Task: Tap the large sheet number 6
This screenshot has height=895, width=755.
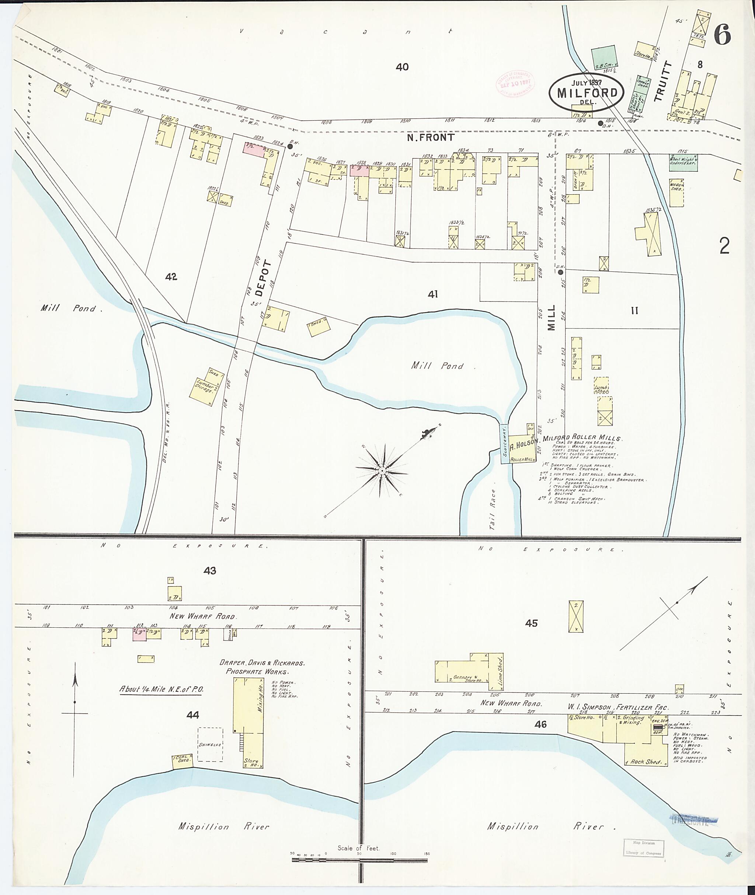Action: [723, 35]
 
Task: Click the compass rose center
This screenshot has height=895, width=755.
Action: [381, 471]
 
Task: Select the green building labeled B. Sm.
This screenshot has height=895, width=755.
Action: [605, 58]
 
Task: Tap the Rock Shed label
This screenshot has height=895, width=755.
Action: [646, 762]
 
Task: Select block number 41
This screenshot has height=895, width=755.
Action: [433, 294]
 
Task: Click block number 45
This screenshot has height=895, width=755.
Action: [531, 623]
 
